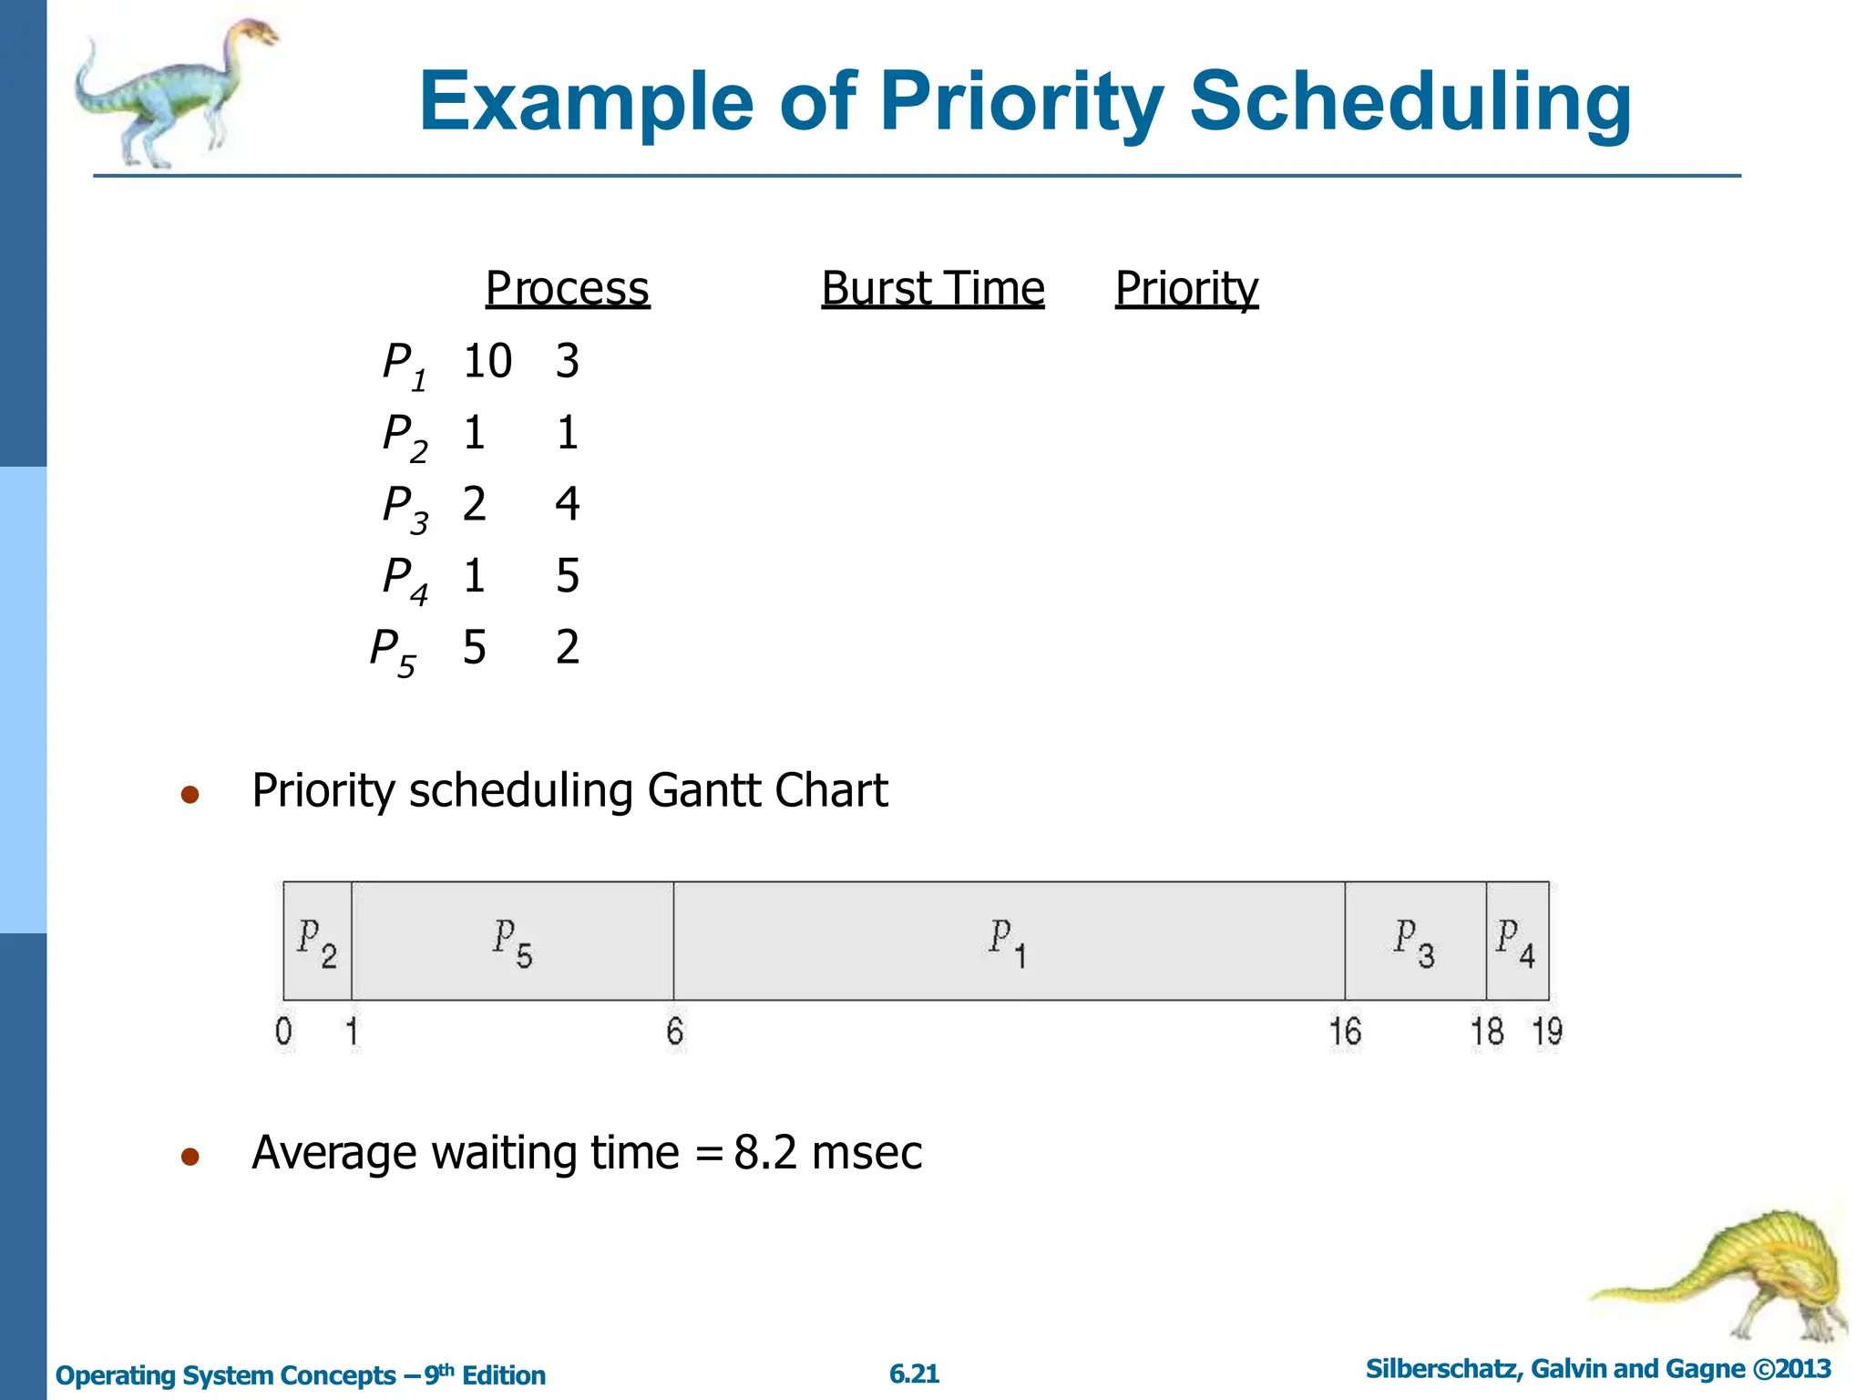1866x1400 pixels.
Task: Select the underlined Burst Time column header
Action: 932,289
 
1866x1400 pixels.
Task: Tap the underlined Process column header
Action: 567,289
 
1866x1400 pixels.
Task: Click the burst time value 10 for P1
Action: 487,361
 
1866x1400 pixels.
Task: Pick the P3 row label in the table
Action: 405,507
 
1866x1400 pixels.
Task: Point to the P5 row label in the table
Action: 393,651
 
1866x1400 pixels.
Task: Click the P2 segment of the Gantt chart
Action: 317,941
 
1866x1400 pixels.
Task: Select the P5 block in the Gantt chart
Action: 512,941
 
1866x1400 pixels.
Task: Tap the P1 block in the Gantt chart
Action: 1008,941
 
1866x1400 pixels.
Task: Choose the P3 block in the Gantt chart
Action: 1414,941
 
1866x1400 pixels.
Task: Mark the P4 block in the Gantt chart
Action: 1516,941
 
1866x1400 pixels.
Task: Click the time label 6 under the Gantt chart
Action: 674,1032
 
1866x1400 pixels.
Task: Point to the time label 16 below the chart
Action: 1345,1032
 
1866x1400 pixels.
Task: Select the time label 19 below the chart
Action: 1547,1032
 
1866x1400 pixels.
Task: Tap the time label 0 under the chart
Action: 283,1032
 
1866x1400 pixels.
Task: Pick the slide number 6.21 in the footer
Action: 914,1374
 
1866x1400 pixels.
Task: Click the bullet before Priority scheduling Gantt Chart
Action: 190,795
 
